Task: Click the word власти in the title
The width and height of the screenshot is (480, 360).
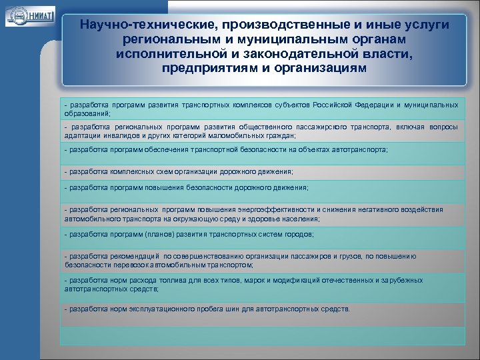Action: [390, 53]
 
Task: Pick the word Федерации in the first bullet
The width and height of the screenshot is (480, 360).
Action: [375, 105]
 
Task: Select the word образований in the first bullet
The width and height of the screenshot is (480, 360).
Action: [87, 113]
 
